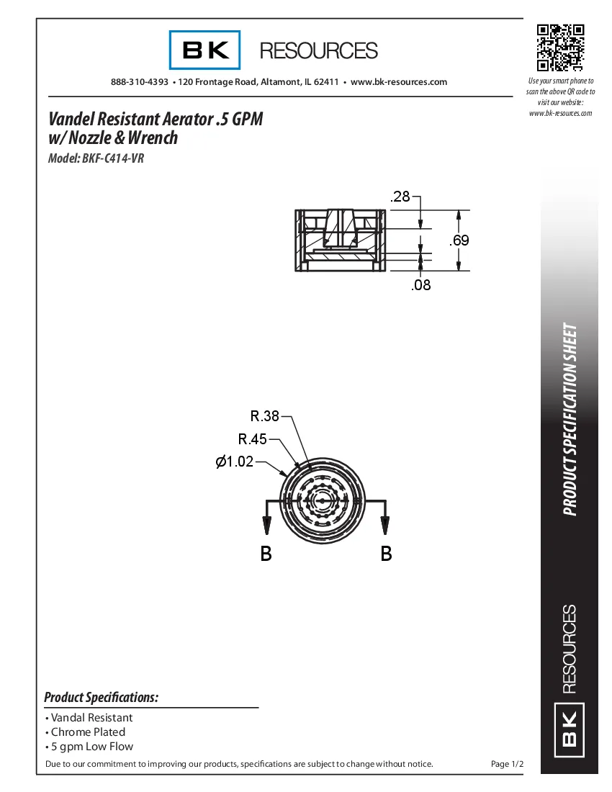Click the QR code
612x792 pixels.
click(x=560, y=48)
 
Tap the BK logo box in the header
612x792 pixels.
click(x=205, y=50)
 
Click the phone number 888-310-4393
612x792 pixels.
click(x=140, y=82)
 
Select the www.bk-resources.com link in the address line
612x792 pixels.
click(x=399, y=82)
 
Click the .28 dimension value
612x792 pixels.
click(x=400, y=197)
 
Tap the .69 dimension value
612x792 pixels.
click(x=459, y=240)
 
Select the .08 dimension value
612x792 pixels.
click(x=421, y=285)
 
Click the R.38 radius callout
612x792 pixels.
click(x=264, y=415)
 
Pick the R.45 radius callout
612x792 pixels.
click(x=252, y=438)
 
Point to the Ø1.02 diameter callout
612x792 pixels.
click(x=235, y=462)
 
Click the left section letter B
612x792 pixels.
click(x=266, y=554)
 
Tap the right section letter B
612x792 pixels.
click(x=386, y=554)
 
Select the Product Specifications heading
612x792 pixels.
click(x=102, y=697)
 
